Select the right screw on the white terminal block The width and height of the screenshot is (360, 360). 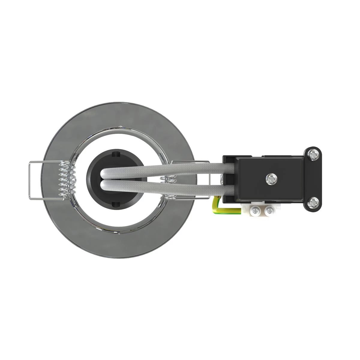270,211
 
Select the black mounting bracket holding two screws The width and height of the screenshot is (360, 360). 314,179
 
